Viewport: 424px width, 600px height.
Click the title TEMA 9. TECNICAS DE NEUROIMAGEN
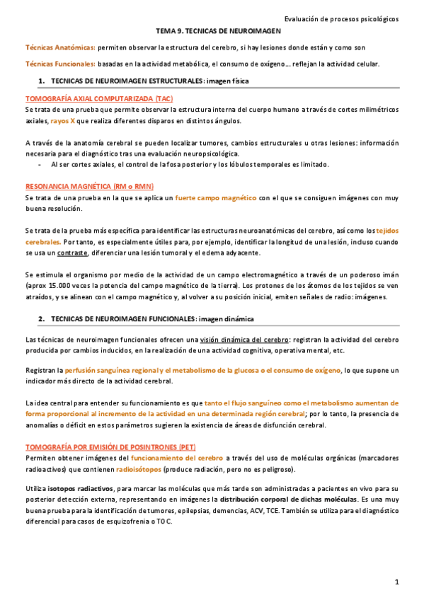coord(218,32)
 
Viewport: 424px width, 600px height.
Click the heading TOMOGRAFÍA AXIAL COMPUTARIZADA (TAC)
coord(98,98)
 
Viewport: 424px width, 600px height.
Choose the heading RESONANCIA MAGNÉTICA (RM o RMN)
coord(89,186)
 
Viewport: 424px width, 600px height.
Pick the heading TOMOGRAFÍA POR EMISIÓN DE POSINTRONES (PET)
coord(110,447)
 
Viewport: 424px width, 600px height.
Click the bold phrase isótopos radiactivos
coord(76,488)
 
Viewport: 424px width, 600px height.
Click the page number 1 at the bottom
coord(397,582)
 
